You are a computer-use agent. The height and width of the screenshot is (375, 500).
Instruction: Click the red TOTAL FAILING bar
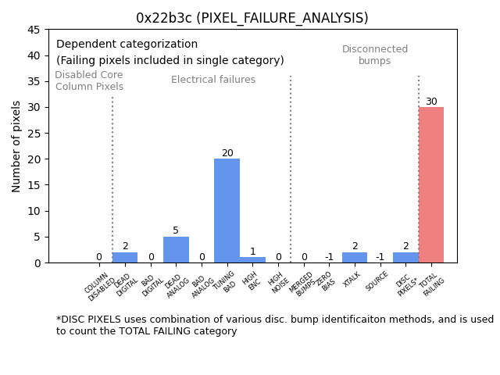click(430, 185)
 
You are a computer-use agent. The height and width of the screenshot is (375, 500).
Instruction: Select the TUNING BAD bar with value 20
click(227, 211)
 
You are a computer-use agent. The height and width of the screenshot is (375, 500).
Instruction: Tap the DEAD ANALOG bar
click(176, 250)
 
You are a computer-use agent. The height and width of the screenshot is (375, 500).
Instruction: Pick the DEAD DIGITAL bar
click(125, 257)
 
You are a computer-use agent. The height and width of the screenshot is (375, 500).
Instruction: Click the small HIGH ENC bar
click(252, 259)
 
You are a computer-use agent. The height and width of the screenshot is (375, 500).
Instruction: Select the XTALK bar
click(355, 257)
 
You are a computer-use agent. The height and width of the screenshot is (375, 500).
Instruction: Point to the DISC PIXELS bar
click(405, 257)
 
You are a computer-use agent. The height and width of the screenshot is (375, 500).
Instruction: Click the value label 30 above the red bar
click(431, 102)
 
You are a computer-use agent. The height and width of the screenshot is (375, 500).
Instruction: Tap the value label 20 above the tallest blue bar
click(227, 153)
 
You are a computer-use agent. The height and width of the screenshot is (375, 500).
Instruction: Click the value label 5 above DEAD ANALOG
click(176, 230)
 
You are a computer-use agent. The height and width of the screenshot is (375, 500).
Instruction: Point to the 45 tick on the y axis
click(34, 30)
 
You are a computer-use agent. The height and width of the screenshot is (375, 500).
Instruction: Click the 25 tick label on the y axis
click(34, 133)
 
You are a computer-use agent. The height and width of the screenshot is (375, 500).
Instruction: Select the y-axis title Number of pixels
click(17, 146)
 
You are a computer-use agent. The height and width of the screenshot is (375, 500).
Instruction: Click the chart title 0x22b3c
click(252, 18)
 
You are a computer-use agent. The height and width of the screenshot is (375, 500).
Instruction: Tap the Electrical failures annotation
click(213, 80)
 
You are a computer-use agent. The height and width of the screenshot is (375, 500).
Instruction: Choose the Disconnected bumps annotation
click(375, 55)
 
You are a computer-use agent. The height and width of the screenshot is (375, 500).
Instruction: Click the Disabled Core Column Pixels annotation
click(89, 81)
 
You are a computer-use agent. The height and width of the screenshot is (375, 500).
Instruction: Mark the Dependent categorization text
click(127, 45)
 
